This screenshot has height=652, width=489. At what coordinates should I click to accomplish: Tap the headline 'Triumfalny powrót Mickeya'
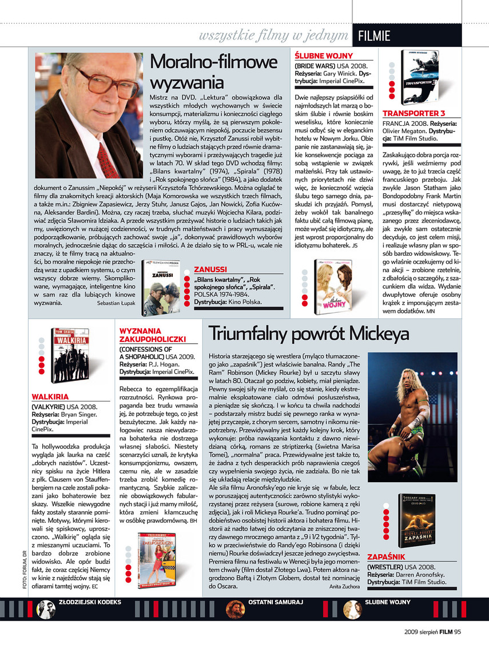click(x=309, y=333)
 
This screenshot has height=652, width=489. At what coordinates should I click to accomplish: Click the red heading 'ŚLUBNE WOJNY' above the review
click(x=324, y=56)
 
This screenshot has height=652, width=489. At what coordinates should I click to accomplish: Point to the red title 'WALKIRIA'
click(x=50, y=396)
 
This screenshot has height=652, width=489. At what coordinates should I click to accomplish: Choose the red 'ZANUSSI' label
click(x=210, y=269)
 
